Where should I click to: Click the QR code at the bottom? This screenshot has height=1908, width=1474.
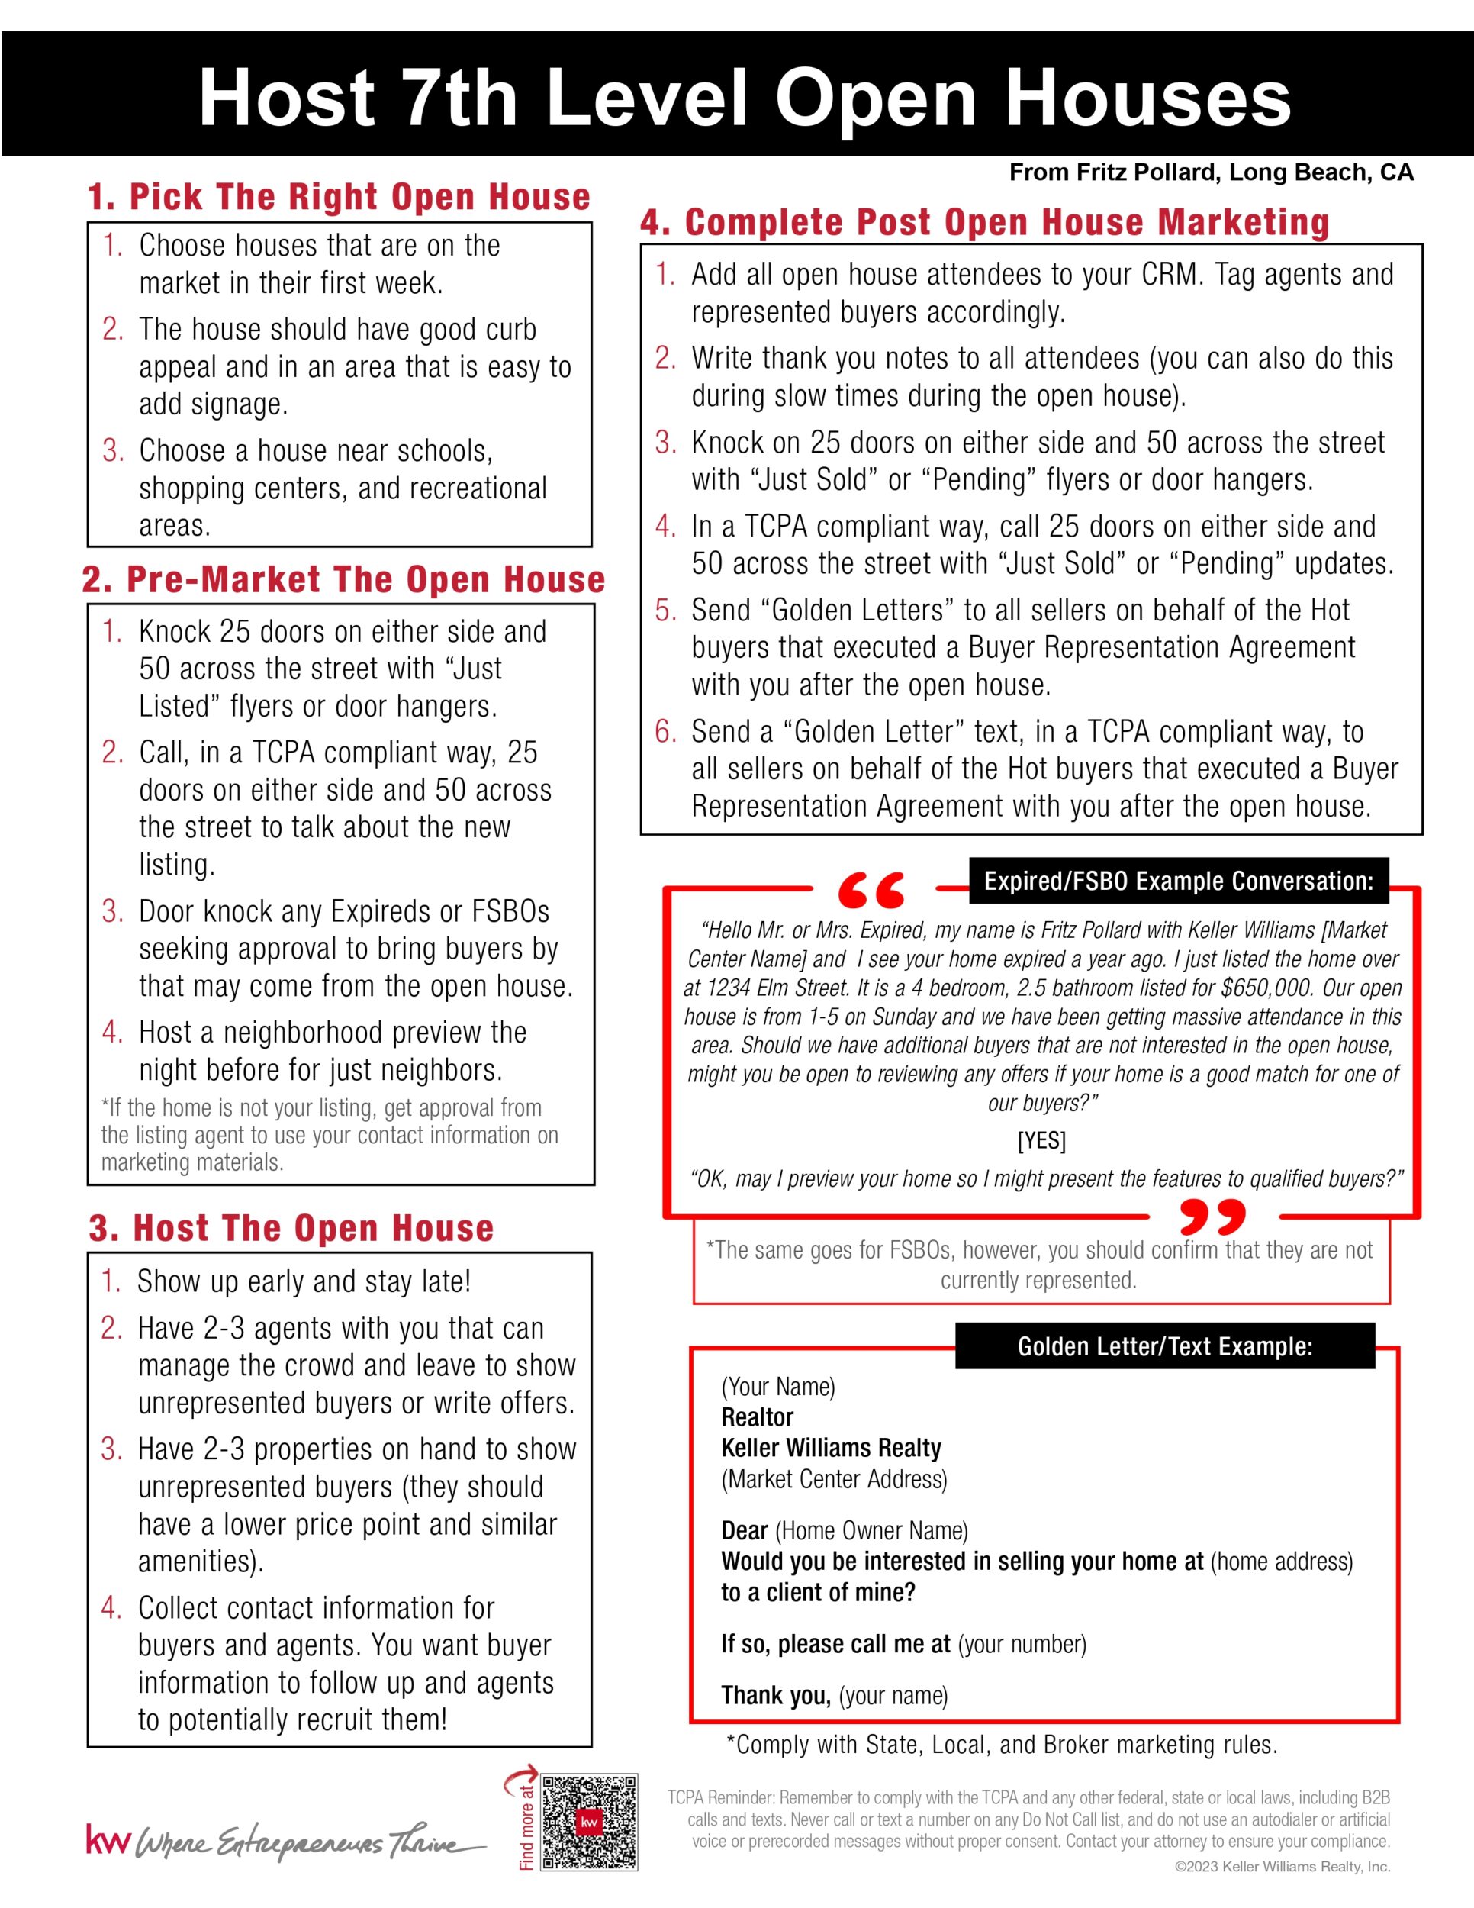pos(590,1822)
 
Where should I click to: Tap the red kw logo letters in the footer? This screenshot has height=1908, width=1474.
pos(108,1838)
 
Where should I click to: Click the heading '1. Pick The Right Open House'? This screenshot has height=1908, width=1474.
pos(339,197)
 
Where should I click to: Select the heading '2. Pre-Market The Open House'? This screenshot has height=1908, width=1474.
pos(343,580)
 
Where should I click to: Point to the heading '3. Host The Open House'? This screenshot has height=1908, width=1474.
pos(291,1228)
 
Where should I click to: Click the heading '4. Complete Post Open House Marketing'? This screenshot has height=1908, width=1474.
pos(985,222)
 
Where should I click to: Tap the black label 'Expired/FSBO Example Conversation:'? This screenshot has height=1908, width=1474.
pos(1178,881)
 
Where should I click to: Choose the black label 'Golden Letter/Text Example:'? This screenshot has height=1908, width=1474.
pos(1165,1346)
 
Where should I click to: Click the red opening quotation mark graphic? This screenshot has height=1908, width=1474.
pos(871,889)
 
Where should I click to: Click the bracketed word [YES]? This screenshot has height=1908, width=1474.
pos(1041,1141)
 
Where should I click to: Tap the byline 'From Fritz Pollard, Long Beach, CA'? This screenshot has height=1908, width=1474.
pos(1211,173)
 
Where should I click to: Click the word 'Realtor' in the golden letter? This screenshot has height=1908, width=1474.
pos(757,1417)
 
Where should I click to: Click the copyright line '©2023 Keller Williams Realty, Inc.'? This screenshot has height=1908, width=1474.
pos(1282,1867)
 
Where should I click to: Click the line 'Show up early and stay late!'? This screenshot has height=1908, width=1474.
pos(304,1281)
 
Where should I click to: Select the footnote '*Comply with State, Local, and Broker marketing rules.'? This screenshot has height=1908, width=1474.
pos(1002,1745)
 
